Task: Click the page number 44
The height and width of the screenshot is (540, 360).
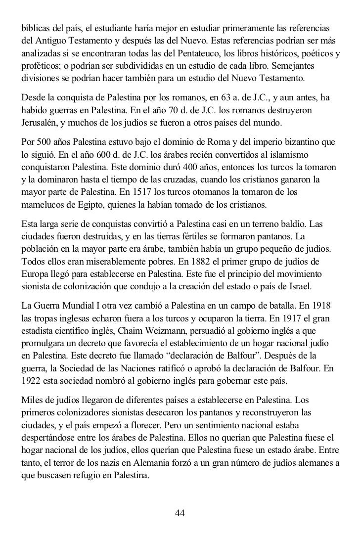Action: [x=180, y=513]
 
